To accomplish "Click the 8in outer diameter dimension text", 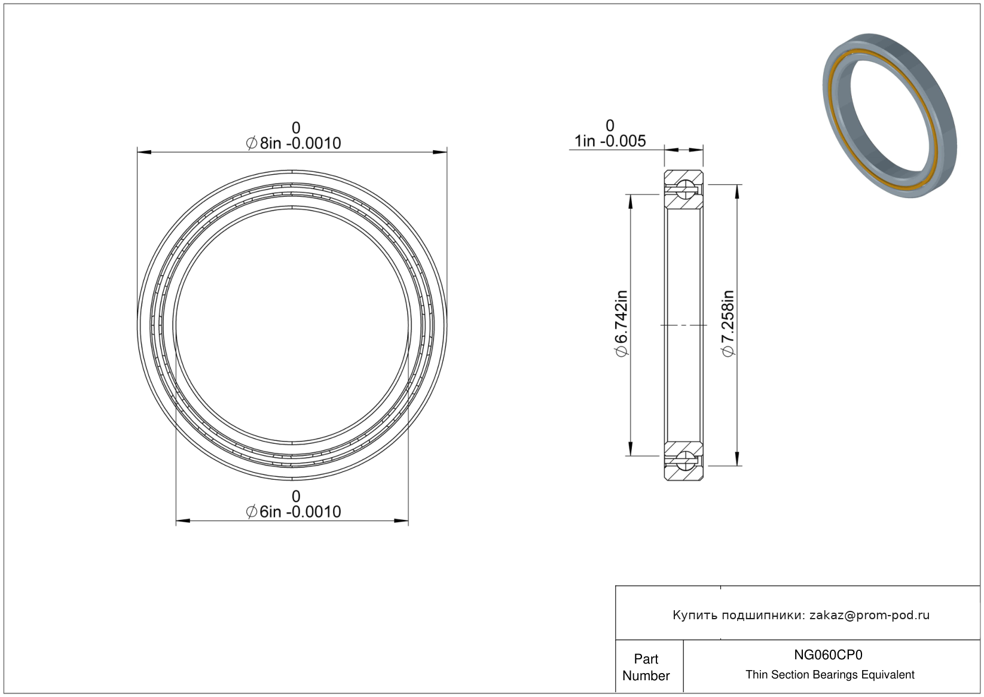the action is point(293,144).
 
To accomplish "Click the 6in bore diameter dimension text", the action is point(293,512).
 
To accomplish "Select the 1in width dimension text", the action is point(610,141).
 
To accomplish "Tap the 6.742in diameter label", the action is point(622,324).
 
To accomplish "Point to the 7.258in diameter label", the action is point(728,324).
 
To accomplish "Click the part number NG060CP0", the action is point(828,655).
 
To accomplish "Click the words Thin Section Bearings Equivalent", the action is point(830,675).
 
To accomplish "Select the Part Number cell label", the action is point(646,667).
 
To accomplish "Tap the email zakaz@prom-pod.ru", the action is point(869,615).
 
